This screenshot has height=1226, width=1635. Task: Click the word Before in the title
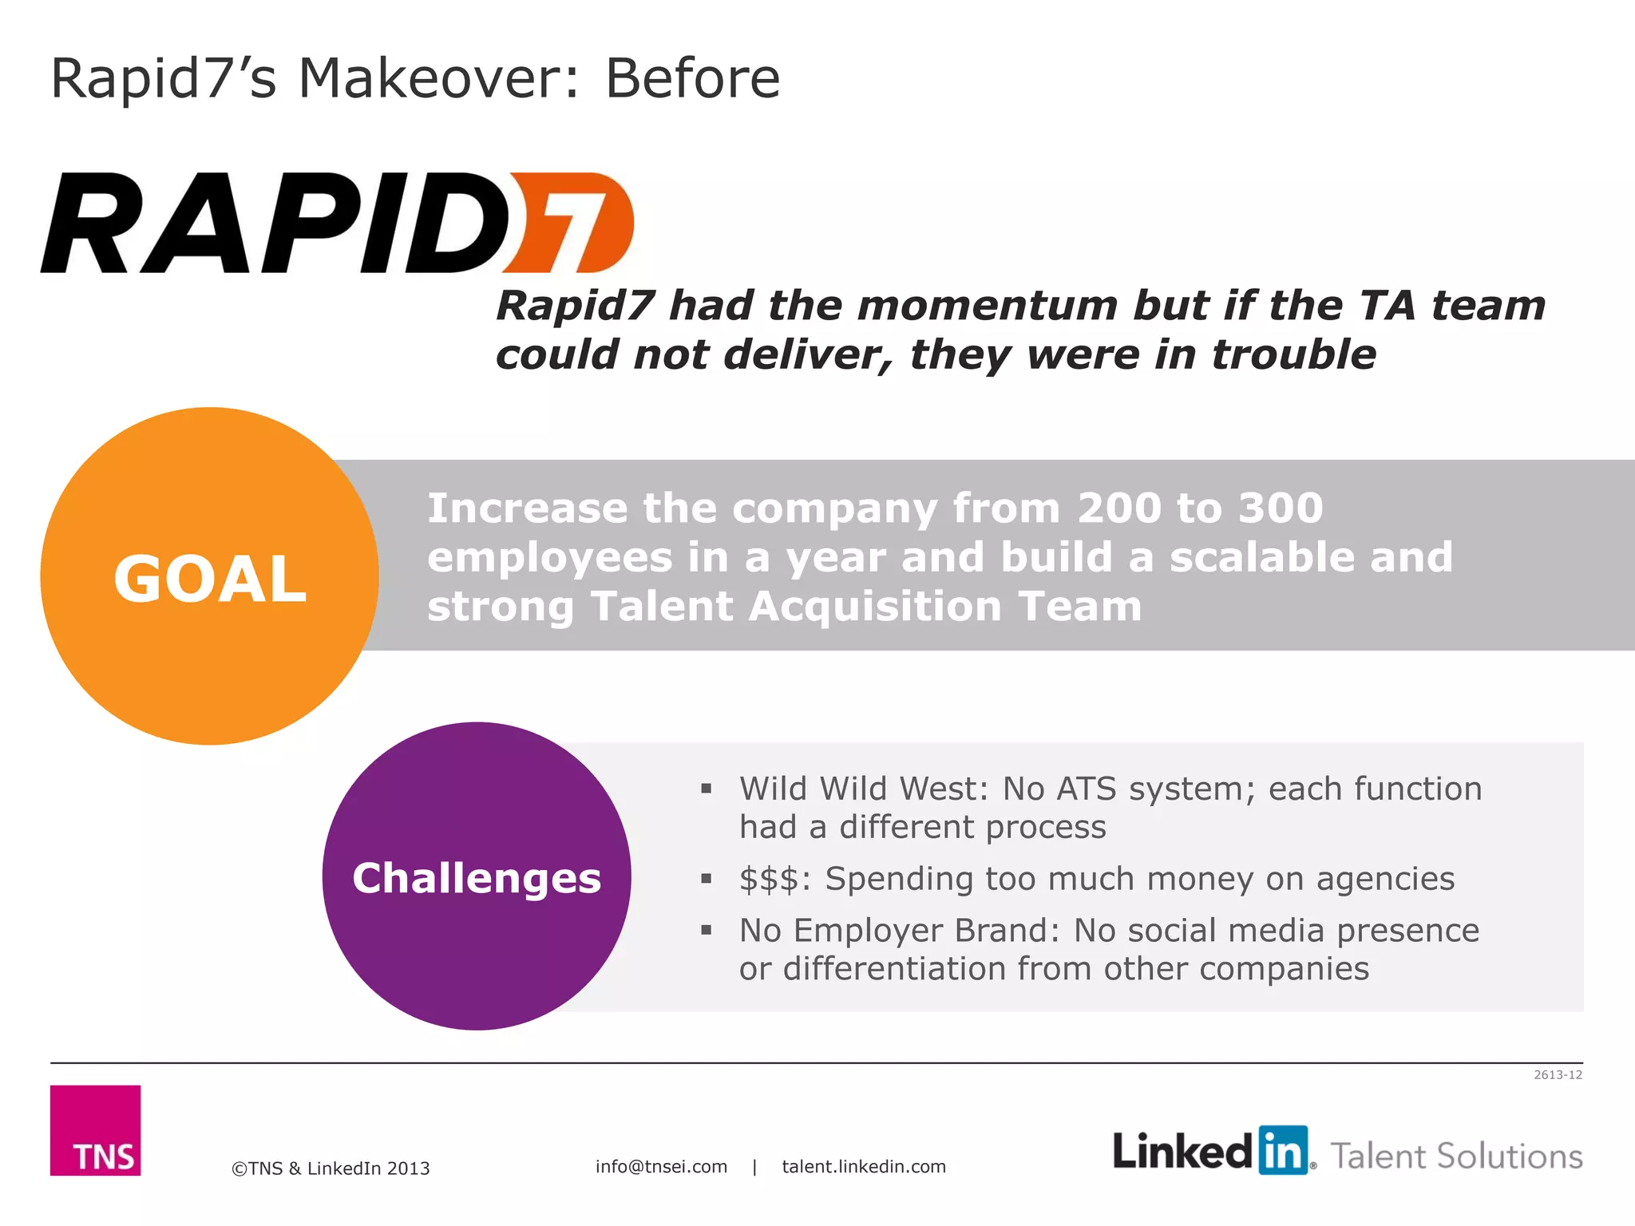tap(692, 78)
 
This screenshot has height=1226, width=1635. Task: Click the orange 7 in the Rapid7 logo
tap(571, 223)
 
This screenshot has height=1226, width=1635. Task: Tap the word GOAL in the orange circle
tap(210, 579)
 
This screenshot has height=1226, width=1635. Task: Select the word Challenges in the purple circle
tap(477, 878)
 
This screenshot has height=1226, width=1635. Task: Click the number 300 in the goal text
tap(1281, 508)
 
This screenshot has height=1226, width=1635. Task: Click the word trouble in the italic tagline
tap(1293, 354)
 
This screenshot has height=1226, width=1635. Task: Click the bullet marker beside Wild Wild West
tap(706, 789)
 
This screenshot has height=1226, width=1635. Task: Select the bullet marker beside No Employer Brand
tap(706, 931)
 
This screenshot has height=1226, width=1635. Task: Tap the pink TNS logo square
tap(96, 1130)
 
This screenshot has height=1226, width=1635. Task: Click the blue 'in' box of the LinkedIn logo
tap(1283, 1150)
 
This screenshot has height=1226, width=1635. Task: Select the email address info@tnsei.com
tap(661, 1167)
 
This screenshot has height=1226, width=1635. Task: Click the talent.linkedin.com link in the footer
tap(864, 1167)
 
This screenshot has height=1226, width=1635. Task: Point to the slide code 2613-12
tap(1558, 1075)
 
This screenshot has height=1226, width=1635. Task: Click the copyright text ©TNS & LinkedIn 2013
tap(331, 1169)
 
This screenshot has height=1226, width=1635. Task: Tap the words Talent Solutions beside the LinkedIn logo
tap(1456, 1157)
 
